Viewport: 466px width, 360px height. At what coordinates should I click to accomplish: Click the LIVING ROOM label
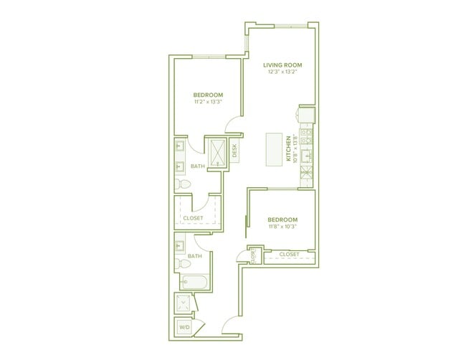pos(282,65)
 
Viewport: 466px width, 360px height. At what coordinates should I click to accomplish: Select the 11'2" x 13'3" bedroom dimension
pos(208,102)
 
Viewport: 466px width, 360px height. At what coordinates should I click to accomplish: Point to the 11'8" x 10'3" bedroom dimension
pos(282,226)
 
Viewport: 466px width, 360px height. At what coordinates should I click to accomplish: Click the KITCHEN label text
pos(288,148)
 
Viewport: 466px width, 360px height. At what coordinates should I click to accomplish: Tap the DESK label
pos(234,151)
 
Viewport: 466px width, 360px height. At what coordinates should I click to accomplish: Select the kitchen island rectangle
pos(274,150)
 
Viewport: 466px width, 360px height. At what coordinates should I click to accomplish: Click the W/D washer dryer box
pos(184,327)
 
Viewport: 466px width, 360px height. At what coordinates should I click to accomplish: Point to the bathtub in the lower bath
pos(195,282)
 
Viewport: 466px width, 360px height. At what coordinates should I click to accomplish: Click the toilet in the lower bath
pos(183,263)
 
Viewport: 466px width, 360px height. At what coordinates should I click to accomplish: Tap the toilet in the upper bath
pos(183,184)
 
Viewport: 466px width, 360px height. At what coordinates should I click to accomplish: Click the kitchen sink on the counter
pos(306,156)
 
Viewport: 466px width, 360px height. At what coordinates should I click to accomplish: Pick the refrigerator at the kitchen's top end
pos(307,115)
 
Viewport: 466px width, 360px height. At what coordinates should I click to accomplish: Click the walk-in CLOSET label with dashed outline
pos(193,218)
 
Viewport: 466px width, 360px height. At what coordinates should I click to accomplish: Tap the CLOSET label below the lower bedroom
pos(289,255)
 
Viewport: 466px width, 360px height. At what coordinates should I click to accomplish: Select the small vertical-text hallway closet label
pos(253,256)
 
